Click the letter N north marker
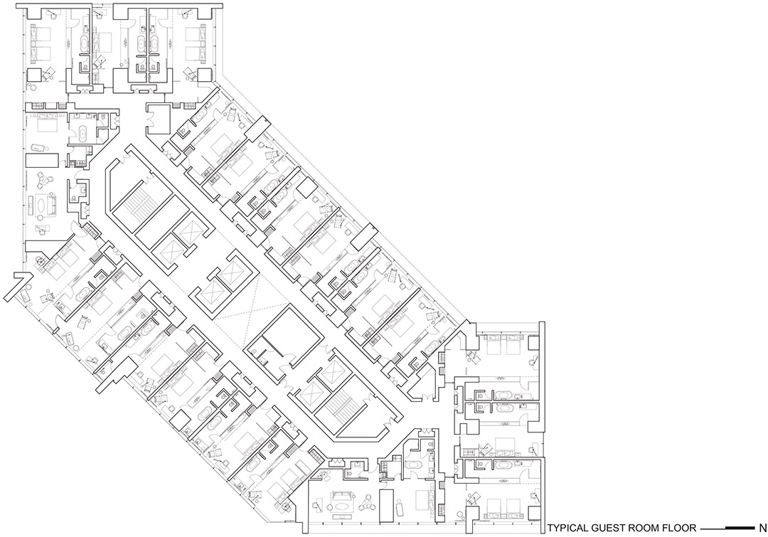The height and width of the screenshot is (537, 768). (762, 528)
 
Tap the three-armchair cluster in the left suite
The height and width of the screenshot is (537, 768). (45, 181)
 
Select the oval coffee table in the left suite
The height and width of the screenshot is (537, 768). (45, 204)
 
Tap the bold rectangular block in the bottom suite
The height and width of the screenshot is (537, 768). (387, 505)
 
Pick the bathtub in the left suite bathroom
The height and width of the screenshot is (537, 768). (82, 133)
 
